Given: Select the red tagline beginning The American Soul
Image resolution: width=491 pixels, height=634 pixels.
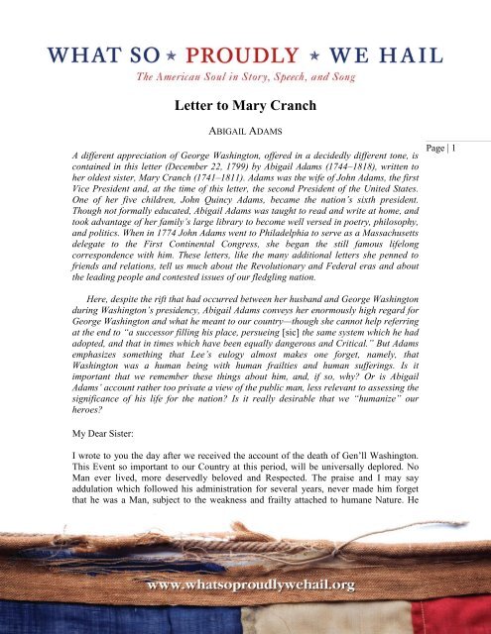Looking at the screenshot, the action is coord(245,75).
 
